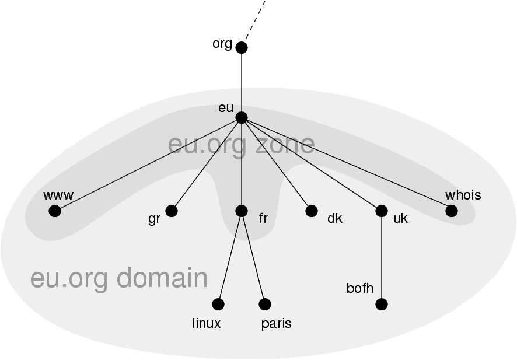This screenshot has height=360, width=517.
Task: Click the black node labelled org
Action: pyautogui.click(x=242, y=47)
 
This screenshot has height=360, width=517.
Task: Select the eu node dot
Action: pyautogui.click(x=242, y=117)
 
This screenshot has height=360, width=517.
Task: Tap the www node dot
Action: pyautogui.click(x=55, y=211)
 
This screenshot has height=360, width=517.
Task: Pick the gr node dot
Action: pyautogui.click(x=172, y=211)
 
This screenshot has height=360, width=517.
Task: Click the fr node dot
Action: pyautogui.click(x=242, y=211)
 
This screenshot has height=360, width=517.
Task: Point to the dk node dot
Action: pyautogui.click(x=312, y=211)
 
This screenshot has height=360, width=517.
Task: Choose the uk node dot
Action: pyautogui.click(x=382, y=211)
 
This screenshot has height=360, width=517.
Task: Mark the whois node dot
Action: pyautogui.click(x=452, y=211)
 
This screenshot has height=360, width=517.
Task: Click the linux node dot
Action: pyautogui.click(x=218, y=304)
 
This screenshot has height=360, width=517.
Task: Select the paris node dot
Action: pyautogui.click(x=265, y=304)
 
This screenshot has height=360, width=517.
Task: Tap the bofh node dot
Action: pyautogui.click(x=382, y=304)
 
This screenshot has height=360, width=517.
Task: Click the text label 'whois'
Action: pyautogui.click(x=463, y=195)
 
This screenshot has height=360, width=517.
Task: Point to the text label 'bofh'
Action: pyautogui.click(x=359, y=288)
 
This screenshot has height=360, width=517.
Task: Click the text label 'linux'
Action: pyautogui.click(x=207, y=323)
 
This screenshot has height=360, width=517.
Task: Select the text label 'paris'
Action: pyautogui.click(x=277, y=324)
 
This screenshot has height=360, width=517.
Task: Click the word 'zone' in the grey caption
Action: pyautogui.click(x=285, y=144)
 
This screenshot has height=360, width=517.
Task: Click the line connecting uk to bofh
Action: pyautogui.click(x=382, y=257)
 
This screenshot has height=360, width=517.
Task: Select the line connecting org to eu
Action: pyautogui.click(x=242, y=82)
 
